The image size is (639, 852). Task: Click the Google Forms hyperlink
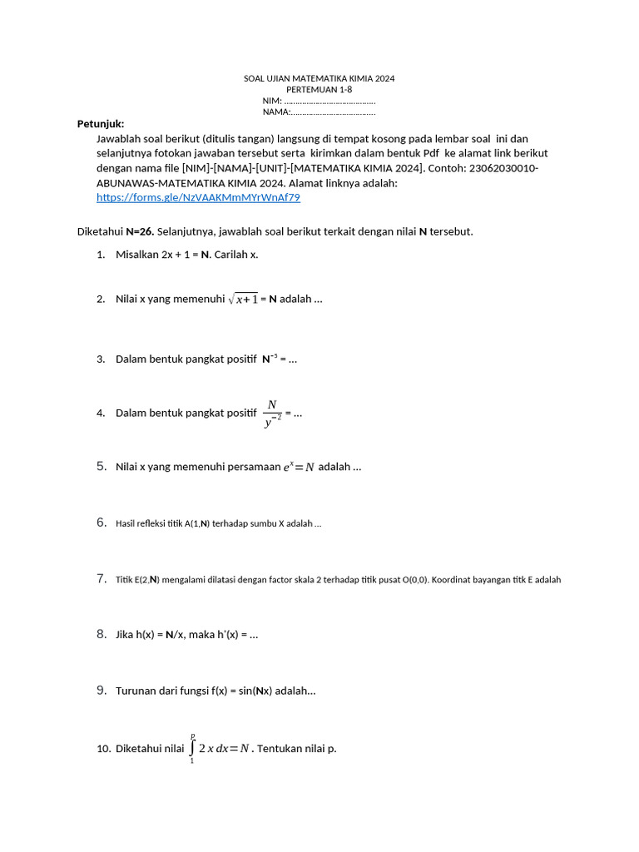pos(198,198)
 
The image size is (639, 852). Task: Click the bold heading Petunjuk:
pos(101,124)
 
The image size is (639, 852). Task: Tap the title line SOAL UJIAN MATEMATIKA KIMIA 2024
pos(319,78)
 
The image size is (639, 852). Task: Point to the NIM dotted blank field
pos(329,101)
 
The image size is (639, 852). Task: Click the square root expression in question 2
pos(243,300)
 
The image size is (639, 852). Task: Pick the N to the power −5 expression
pos(270,359)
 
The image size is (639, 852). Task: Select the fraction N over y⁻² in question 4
pos(272,413)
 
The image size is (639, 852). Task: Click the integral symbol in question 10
pos(192,747)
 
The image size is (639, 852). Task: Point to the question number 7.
pos(101,578)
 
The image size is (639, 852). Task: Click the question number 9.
pos(101,690)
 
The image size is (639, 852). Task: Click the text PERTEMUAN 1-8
pos(319,89)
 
